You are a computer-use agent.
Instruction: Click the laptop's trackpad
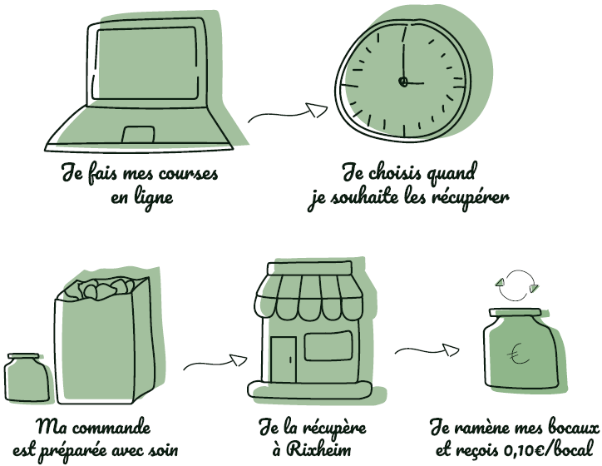click(x=138, y=134)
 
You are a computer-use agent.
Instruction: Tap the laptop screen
click(x=146, y=63)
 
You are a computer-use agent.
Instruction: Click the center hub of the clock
click(x=402, y=82)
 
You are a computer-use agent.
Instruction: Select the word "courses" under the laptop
click(x=188, y=175)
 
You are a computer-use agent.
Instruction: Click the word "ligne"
click(x=153, y=198)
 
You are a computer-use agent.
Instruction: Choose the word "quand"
click(x=452, y=174)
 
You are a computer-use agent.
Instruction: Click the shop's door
click(x=284, y=359)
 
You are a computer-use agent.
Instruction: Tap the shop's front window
click(x=328, y=345)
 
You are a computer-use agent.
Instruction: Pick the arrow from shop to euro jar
click(x=427, y=350)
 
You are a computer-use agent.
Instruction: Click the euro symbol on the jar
click(x=516, y=354)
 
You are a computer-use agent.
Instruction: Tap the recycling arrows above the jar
click(x=517, y=285)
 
